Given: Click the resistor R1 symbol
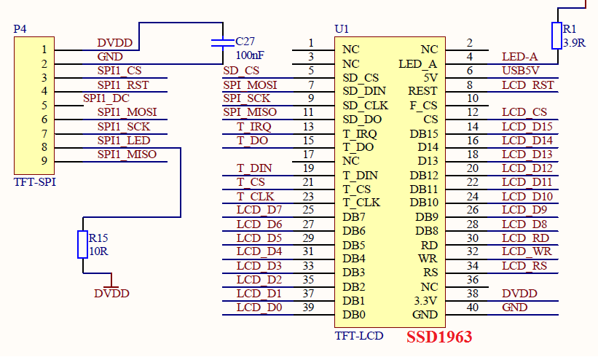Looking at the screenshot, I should click(x=557, y=36).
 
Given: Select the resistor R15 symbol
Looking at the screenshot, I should click(x=83, y=244).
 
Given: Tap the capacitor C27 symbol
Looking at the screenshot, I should click(x=217, y=42).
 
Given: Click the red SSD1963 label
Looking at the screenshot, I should click(x=439, y=337).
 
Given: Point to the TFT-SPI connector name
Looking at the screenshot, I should click(x=35, y=182).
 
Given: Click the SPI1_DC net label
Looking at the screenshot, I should click(x=106, y=98).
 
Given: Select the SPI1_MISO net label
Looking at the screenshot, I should click(x=127, y=154).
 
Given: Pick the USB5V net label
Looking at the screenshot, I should click(x=521, y=71).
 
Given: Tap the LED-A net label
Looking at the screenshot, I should click(x=520, y=57).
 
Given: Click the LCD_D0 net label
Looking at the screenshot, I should click(x=259, y=307).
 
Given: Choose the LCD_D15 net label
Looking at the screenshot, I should click(x=527, y=127).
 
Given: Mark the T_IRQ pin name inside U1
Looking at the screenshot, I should click(x=360, y=133).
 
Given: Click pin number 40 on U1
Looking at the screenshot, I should click(x=473, y=307).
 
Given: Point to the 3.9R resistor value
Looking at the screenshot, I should click(x=575, y=43).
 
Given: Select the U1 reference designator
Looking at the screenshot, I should click(x=342, y=29).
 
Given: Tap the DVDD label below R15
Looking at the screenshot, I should click(x=111, y=293).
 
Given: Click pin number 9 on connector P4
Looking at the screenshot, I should click(x=44, y=160).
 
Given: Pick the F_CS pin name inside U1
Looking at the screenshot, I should click(x=423, y=105).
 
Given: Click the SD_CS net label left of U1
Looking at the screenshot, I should click(x=241, y=71).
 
